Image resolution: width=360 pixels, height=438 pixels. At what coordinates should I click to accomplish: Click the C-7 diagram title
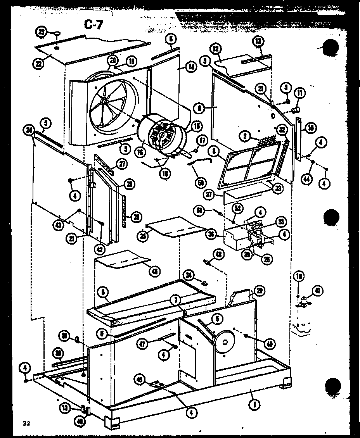coord(94,25)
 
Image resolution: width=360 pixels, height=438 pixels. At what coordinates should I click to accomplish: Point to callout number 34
coord(189,275)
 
